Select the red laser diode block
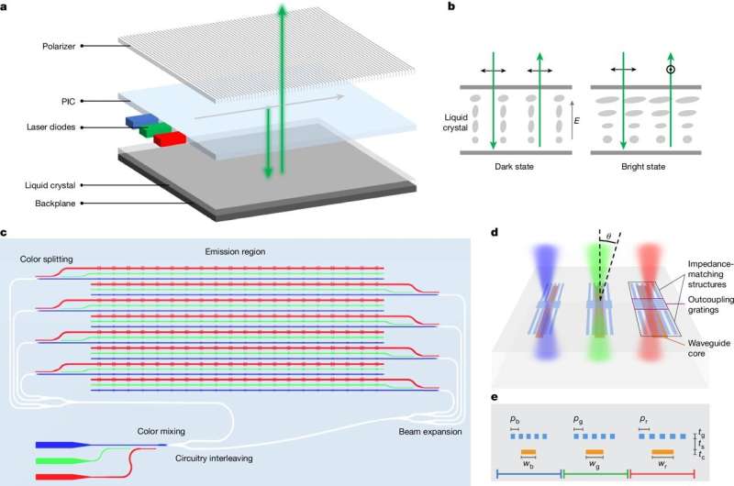click(x=170, y=138)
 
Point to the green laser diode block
click(x=153, y=130)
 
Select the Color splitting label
click(x=47, y=258)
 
